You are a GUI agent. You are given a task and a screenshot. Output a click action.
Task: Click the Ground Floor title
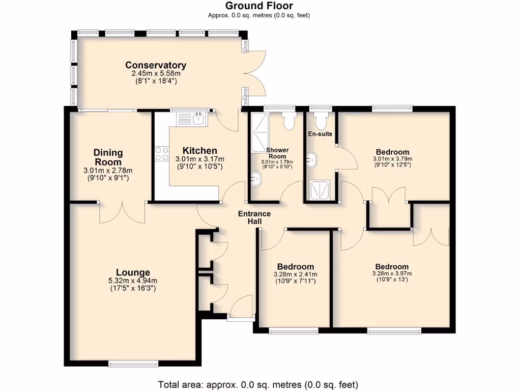[259, 6]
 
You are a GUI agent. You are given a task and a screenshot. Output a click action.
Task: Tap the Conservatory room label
[156, 65]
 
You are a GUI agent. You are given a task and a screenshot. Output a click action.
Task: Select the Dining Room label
[108, 157]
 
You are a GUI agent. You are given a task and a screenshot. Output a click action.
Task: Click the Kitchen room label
[199, 151]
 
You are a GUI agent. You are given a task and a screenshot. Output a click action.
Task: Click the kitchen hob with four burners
[162, 154]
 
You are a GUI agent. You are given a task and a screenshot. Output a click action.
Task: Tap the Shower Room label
[277, 153]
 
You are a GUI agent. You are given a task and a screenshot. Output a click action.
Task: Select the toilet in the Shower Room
[290, 121]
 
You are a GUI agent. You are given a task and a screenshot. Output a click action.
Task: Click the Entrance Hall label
[254, 217]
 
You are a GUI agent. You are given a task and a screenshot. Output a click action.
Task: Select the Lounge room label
[132, 272]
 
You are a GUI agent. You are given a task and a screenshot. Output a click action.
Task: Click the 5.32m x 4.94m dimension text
[132, 281]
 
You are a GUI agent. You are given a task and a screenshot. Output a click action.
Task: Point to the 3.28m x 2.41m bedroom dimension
[295, 274]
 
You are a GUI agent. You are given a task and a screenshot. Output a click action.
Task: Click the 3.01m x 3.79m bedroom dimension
[392, 158]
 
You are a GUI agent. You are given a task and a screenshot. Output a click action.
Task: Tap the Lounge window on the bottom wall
[133, 364]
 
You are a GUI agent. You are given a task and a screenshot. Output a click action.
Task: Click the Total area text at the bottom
[258, 384]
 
